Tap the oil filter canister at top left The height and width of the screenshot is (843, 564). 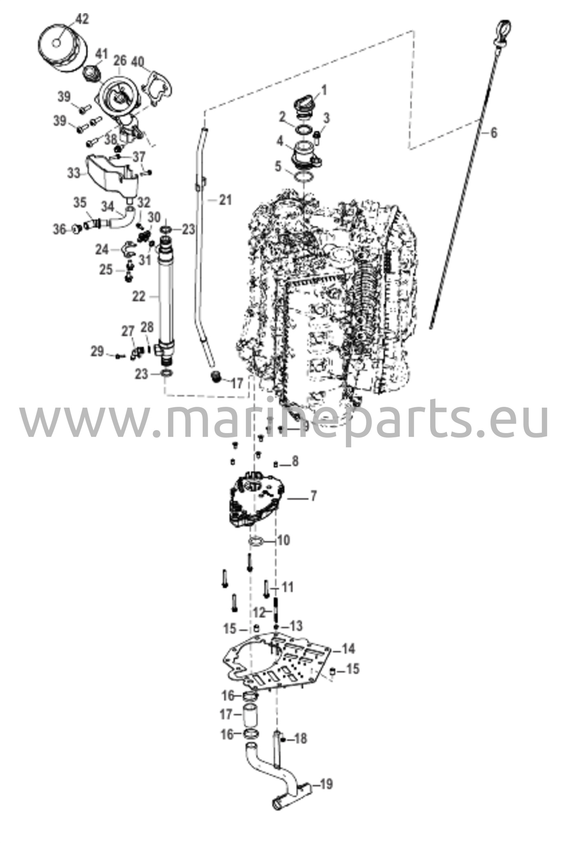point(63,49)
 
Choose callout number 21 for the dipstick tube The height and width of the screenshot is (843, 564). point(225,200)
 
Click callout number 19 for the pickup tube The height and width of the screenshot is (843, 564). point(326,784)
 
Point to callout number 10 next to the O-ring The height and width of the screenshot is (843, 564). point(283,540)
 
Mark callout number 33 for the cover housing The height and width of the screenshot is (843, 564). point(75,173)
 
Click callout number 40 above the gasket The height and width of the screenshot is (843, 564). point(138,62)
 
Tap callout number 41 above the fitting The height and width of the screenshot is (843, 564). point(101,54)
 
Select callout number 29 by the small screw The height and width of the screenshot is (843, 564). point(98,352)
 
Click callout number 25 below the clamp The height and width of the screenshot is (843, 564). point(106,270)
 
